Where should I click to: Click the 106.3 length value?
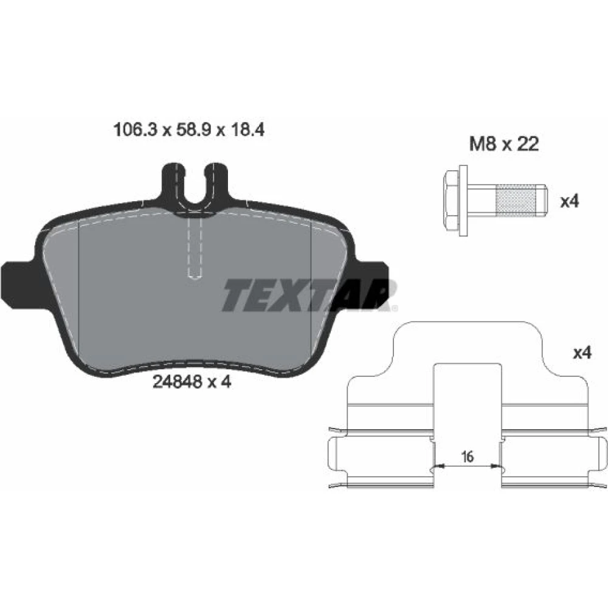coord(135,130)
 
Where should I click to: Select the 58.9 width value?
coord(194,130)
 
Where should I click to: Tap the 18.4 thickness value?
coord(248,130)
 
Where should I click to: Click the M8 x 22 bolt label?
coord(504,144)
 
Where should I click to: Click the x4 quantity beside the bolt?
coord(570,202)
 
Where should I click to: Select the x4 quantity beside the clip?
coord(582,353)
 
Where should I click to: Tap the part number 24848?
coord(177,382)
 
